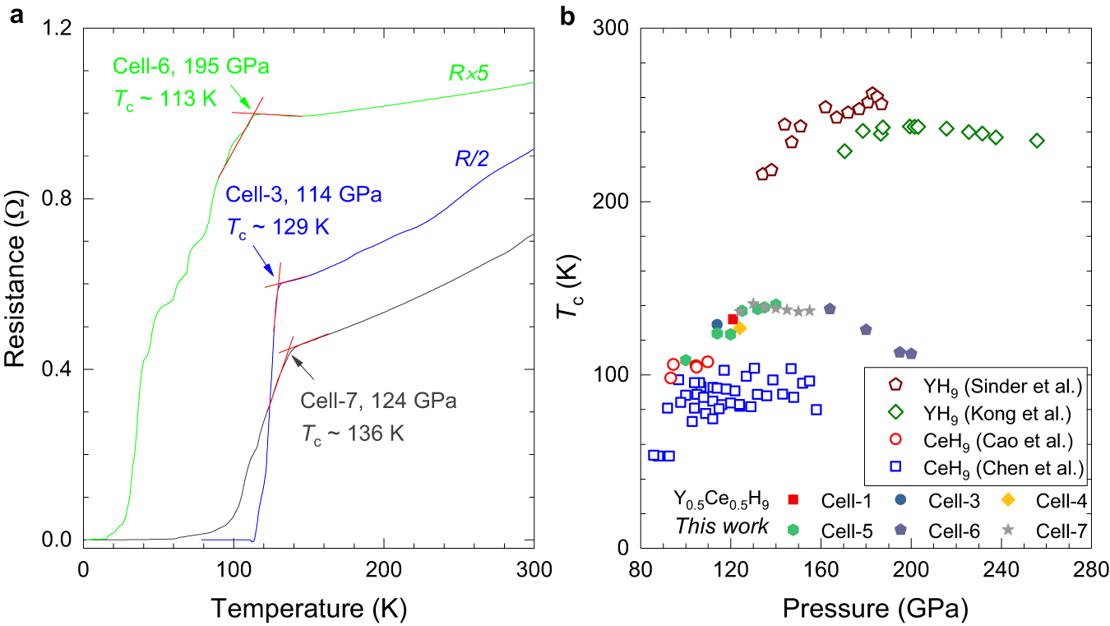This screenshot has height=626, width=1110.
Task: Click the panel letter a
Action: pyautogui.click(x=13, y=14)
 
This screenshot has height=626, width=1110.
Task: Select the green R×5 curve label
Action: pyautogui.click(x=469, y=72)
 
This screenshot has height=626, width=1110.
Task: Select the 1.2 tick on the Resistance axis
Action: pyautogui.click(x=55, y=29)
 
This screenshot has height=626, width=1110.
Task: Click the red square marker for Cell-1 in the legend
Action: pyautogui.click(x=793, y=498)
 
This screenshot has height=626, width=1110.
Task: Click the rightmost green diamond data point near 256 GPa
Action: pyautogui.click(x=1037, y=141)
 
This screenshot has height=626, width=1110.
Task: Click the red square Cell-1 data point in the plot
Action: pyautogui.click(x=733, y=319)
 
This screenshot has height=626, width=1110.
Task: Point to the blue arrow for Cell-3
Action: pyautogui.click(x=264, y=264)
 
